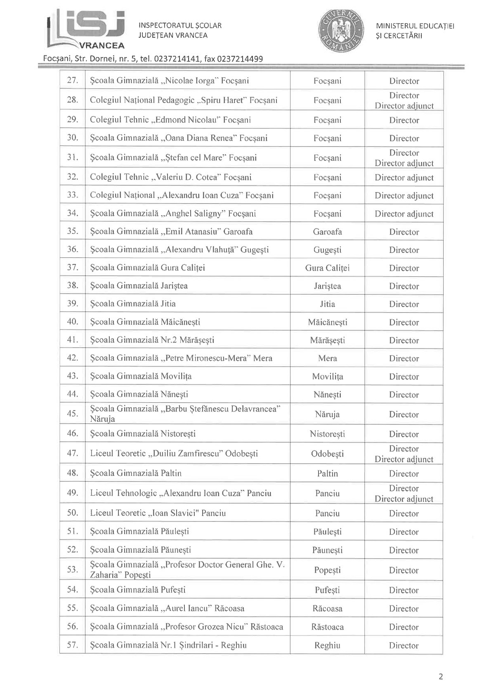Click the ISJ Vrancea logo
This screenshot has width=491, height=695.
(x=86, y=29)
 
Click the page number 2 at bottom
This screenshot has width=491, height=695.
(x=441, y=676)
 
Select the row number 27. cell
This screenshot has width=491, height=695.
(x=72, y=81)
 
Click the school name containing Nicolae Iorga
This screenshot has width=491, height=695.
(x=169, y=81)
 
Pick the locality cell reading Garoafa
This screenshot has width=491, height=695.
(x=327, y=232)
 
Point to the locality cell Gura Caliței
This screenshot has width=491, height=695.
(x=327, y=268)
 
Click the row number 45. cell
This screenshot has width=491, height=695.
(x=72, y=414)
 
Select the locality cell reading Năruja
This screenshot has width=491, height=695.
(x=327, y=414)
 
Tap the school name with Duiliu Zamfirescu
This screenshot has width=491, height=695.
(x=174, y=453)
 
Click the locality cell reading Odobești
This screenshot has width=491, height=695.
(x=327, y=453)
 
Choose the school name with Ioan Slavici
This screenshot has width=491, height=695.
(x=158, y=513)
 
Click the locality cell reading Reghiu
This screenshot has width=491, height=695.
(x=327, y=645)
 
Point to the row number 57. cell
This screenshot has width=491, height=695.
(x=72, y=645)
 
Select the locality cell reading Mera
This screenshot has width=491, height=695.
(x=327, y=358)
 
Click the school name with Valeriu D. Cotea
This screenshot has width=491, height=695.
(x=170, y=177)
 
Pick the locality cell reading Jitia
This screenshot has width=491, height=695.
(x=327, y=304)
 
